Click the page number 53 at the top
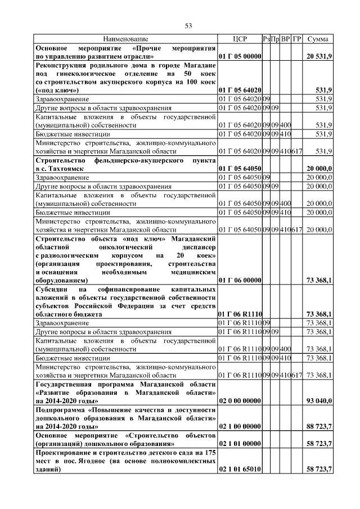pos(189,25)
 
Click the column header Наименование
pos(125,39)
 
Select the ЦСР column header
pos(240,39)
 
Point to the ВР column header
pos(286,39)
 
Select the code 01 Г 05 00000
pos(240,57)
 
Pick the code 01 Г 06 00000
pos(240,280)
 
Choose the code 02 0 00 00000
pos(240,400)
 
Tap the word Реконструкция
pos(60,65)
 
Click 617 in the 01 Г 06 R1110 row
pos(298,375)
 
